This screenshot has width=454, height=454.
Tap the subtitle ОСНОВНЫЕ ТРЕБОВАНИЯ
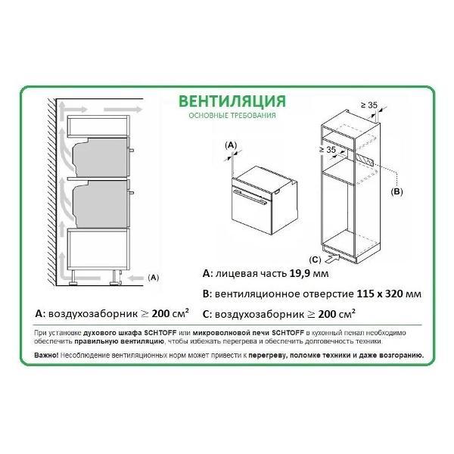tap(227, 117)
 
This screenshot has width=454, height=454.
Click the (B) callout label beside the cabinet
tap(396, 193)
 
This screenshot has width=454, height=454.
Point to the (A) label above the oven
tap(232, 144)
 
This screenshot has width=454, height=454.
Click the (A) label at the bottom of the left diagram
tap(153, 277)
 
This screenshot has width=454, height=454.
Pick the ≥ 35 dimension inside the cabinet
tap(327, 151)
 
